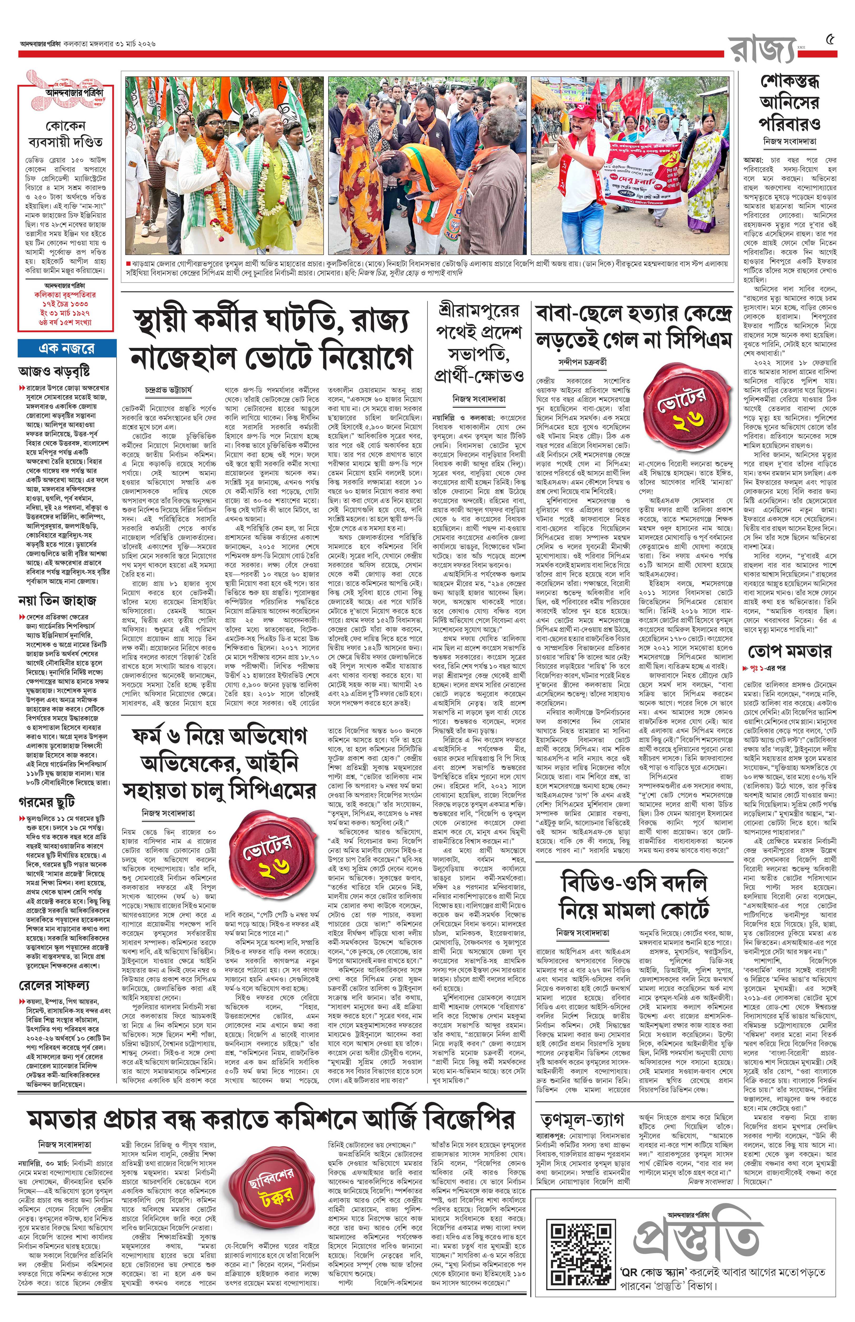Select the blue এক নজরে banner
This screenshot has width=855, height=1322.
click(67, 348)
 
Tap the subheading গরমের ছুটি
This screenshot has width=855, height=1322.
click(47, 802)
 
